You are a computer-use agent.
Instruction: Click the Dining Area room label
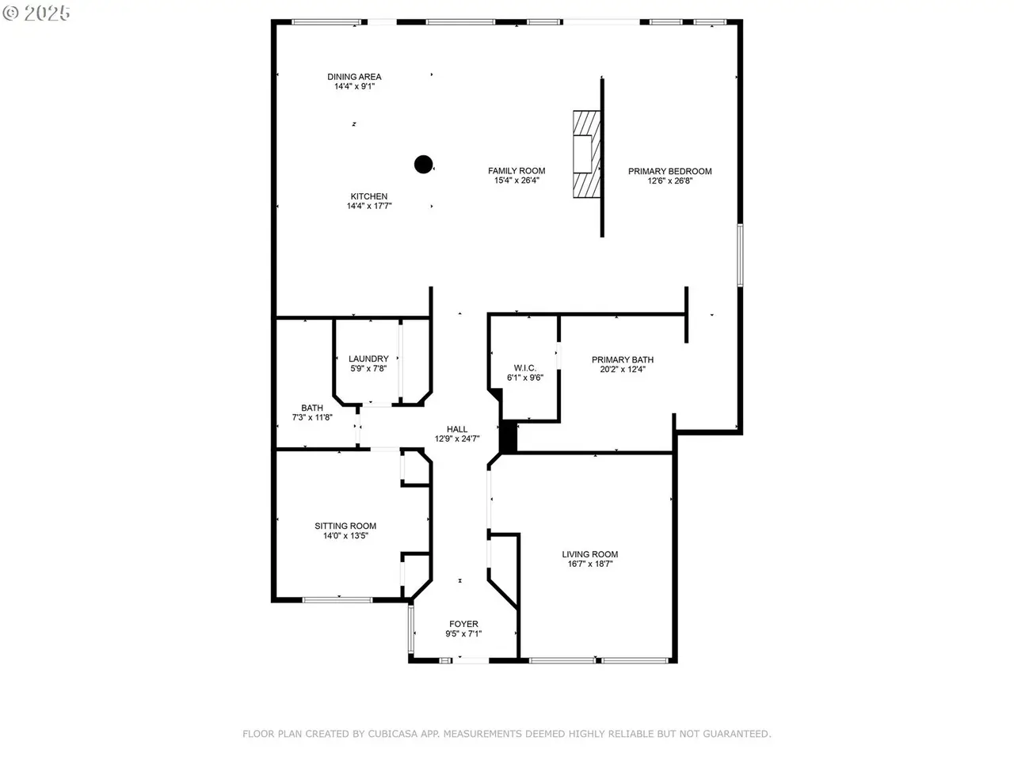click(354, 77)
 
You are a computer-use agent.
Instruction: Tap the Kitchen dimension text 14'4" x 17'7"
click(369, 206)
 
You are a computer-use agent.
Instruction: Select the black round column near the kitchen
click(423, 165)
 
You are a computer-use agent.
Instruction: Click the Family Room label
click(517, 171)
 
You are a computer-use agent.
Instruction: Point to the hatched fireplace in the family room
click(587, 154)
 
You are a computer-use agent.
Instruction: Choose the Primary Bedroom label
click(670, 171)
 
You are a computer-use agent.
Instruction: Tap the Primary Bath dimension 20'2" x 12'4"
click(623, 369)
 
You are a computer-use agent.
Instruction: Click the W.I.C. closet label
click(525, 368)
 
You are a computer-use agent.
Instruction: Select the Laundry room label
click(368, 359)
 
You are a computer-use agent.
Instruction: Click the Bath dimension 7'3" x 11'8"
click(312, 417)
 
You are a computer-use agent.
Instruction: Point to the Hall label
click(457, 429)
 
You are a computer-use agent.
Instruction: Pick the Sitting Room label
click(345, 526)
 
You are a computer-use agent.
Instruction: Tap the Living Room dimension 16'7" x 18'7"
click(590, 564)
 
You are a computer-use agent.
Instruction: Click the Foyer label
click(463, 624)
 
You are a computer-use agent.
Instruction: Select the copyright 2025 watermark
click(36, 13)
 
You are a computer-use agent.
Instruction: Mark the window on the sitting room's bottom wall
click(337, 600)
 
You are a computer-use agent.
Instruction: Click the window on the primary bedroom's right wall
click(740, 255)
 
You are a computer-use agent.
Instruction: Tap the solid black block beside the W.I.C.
click(508, 435)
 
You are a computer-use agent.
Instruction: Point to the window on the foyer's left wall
click(410, 629)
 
